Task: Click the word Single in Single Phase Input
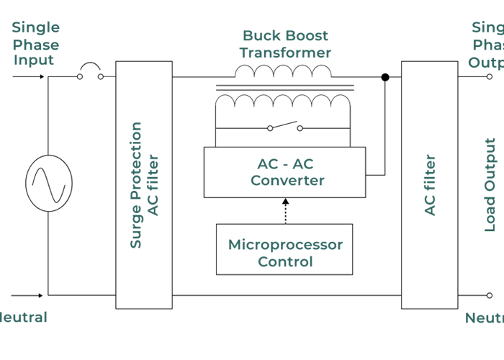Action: tap(35, 27)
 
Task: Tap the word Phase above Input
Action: tap(35, 45)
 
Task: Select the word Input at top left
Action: tap(33, 60)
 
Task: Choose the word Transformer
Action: tap(285, 53)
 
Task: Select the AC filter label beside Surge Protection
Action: tap(153, 185)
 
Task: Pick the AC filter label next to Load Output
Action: tap(430, 185)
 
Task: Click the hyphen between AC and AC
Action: tap(286, 164)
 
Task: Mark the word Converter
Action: tap(287, 181)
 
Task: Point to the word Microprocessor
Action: tap(285, 245)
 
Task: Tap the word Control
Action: tap(285, 261)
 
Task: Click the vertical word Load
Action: tap(490, 213)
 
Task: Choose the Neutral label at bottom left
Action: tap(23, 318)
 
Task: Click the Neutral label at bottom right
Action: tap(484, 318)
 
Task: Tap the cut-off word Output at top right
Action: tap(486, 63)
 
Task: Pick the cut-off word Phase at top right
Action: tap(488, 45)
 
